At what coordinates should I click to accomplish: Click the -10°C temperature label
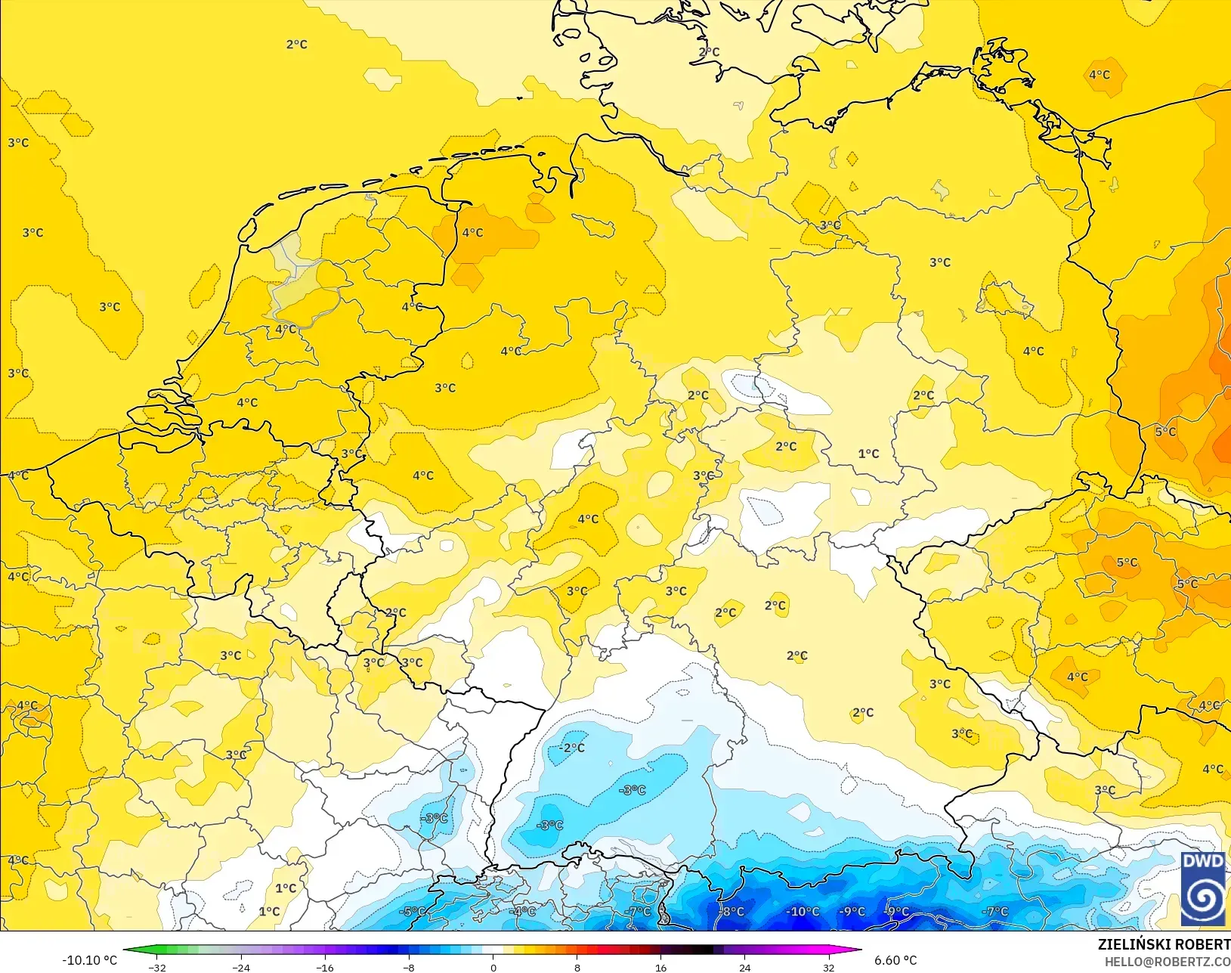point(802,912)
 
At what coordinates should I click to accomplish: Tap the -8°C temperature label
point(731,912)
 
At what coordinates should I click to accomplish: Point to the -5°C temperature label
point(412,912)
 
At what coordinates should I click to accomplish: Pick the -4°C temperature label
point(522,912)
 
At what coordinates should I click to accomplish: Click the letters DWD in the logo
point(1203,862)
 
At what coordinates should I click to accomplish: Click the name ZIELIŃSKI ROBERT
point(1164,945)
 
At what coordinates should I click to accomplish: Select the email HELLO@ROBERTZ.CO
point(1168,962)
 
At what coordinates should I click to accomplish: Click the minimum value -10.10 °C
point(89,960)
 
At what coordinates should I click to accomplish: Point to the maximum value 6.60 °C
point(895,960)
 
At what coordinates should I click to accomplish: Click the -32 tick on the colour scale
point(157,967)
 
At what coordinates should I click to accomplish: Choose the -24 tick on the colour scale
point(241,967)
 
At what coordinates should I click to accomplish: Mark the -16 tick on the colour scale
point(325,967)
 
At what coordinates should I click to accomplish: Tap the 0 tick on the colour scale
point(493,967)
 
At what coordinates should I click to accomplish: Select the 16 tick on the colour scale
point(661,967)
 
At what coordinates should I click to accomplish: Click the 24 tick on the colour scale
point(745,967)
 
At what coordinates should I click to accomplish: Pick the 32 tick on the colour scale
point(829,967)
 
